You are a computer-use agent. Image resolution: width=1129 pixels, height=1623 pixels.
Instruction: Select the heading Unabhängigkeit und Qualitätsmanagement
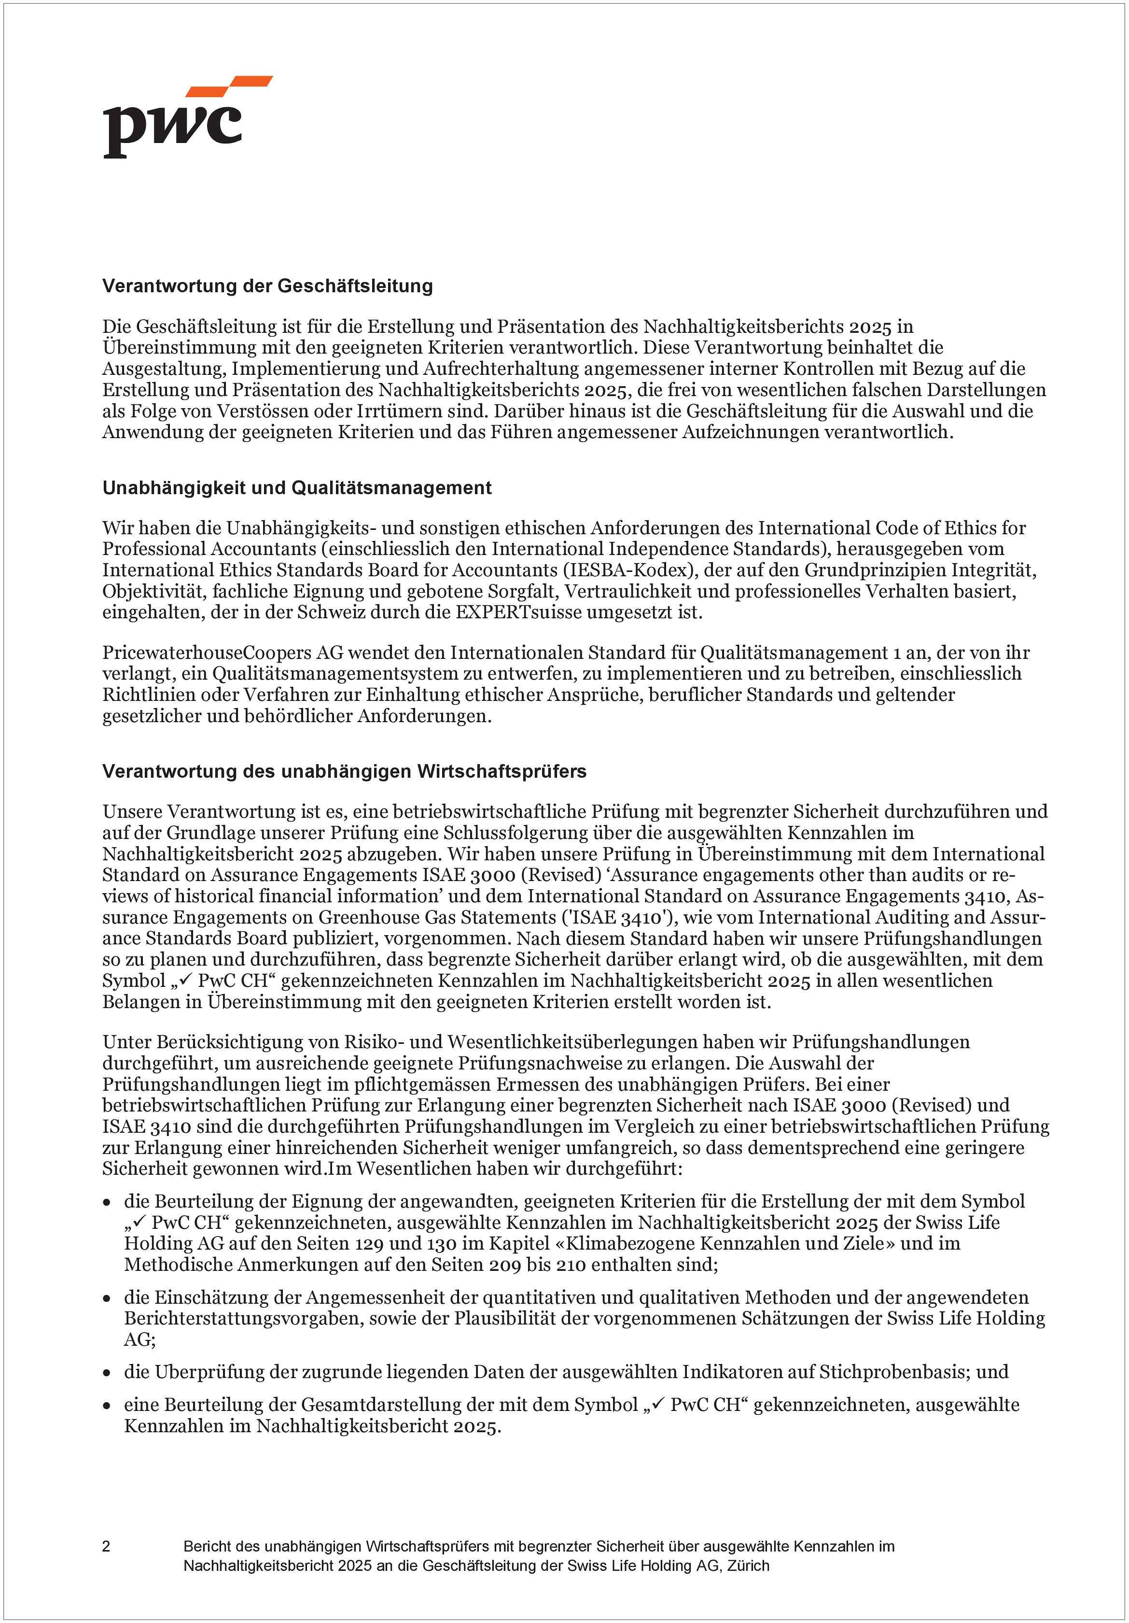297,488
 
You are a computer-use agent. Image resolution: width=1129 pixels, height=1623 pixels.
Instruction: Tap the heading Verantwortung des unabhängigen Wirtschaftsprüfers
344,771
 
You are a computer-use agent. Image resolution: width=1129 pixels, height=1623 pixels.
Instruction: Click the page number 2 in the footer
106,1546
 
